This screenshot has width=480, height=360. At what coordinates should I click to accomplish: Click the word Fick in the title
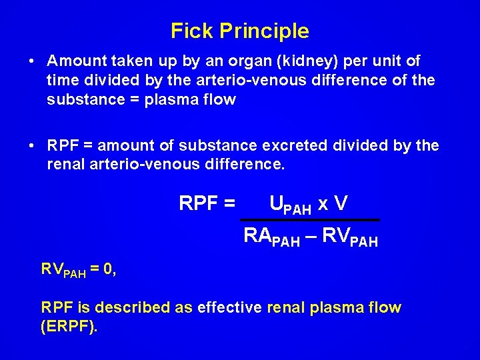(x=192, y=31)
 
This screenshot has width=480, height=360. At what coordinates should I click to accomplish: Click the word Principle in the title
(x=264, y=31)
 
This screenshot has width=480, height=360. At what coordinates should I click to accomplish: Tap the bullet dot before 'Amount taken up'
(x=32, y=61)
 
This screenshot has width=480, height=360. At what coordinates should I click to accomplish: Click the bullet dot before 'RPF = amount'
(x=32, y=145)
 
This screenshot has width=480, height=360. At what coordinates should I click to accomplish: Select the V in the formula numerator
(x=341, y=203)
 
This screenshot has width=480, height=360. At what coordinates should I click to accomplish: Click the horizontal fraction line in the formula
(x=310, y=219)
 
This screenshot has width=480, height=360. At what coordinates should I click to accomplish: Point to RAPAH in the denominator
(x=272, y=237)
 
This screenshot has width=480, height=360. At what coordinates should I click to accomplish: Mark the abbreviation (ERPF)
(x=69, y=328)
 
